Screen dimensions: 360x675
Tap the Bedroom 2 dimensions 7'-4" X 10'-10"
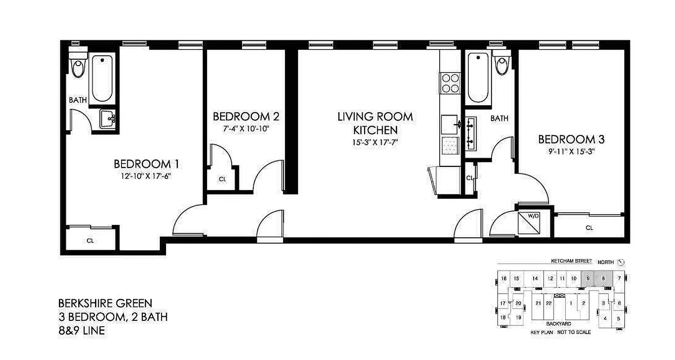pos(246,128)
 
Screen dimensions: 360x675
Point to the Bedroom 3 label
pos(571,139)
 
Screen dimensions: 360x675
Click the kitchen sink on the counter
pos(450,124)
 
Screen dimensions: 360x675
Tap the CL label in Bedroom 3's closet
pos(589,228)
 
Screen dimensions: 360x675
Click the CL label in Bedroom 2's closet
pos(222,179)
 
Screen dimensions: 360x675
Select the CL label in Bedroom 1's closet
pos(90,241)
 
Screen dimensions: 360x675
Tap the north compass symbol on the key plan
pos(621,262)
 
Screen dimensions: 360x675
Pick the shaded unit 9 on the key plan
pos(588,279)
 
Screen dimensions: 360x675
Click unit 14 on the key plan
pos(535,279)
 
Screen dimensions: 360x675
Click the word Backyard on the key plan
pos(558,324)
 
